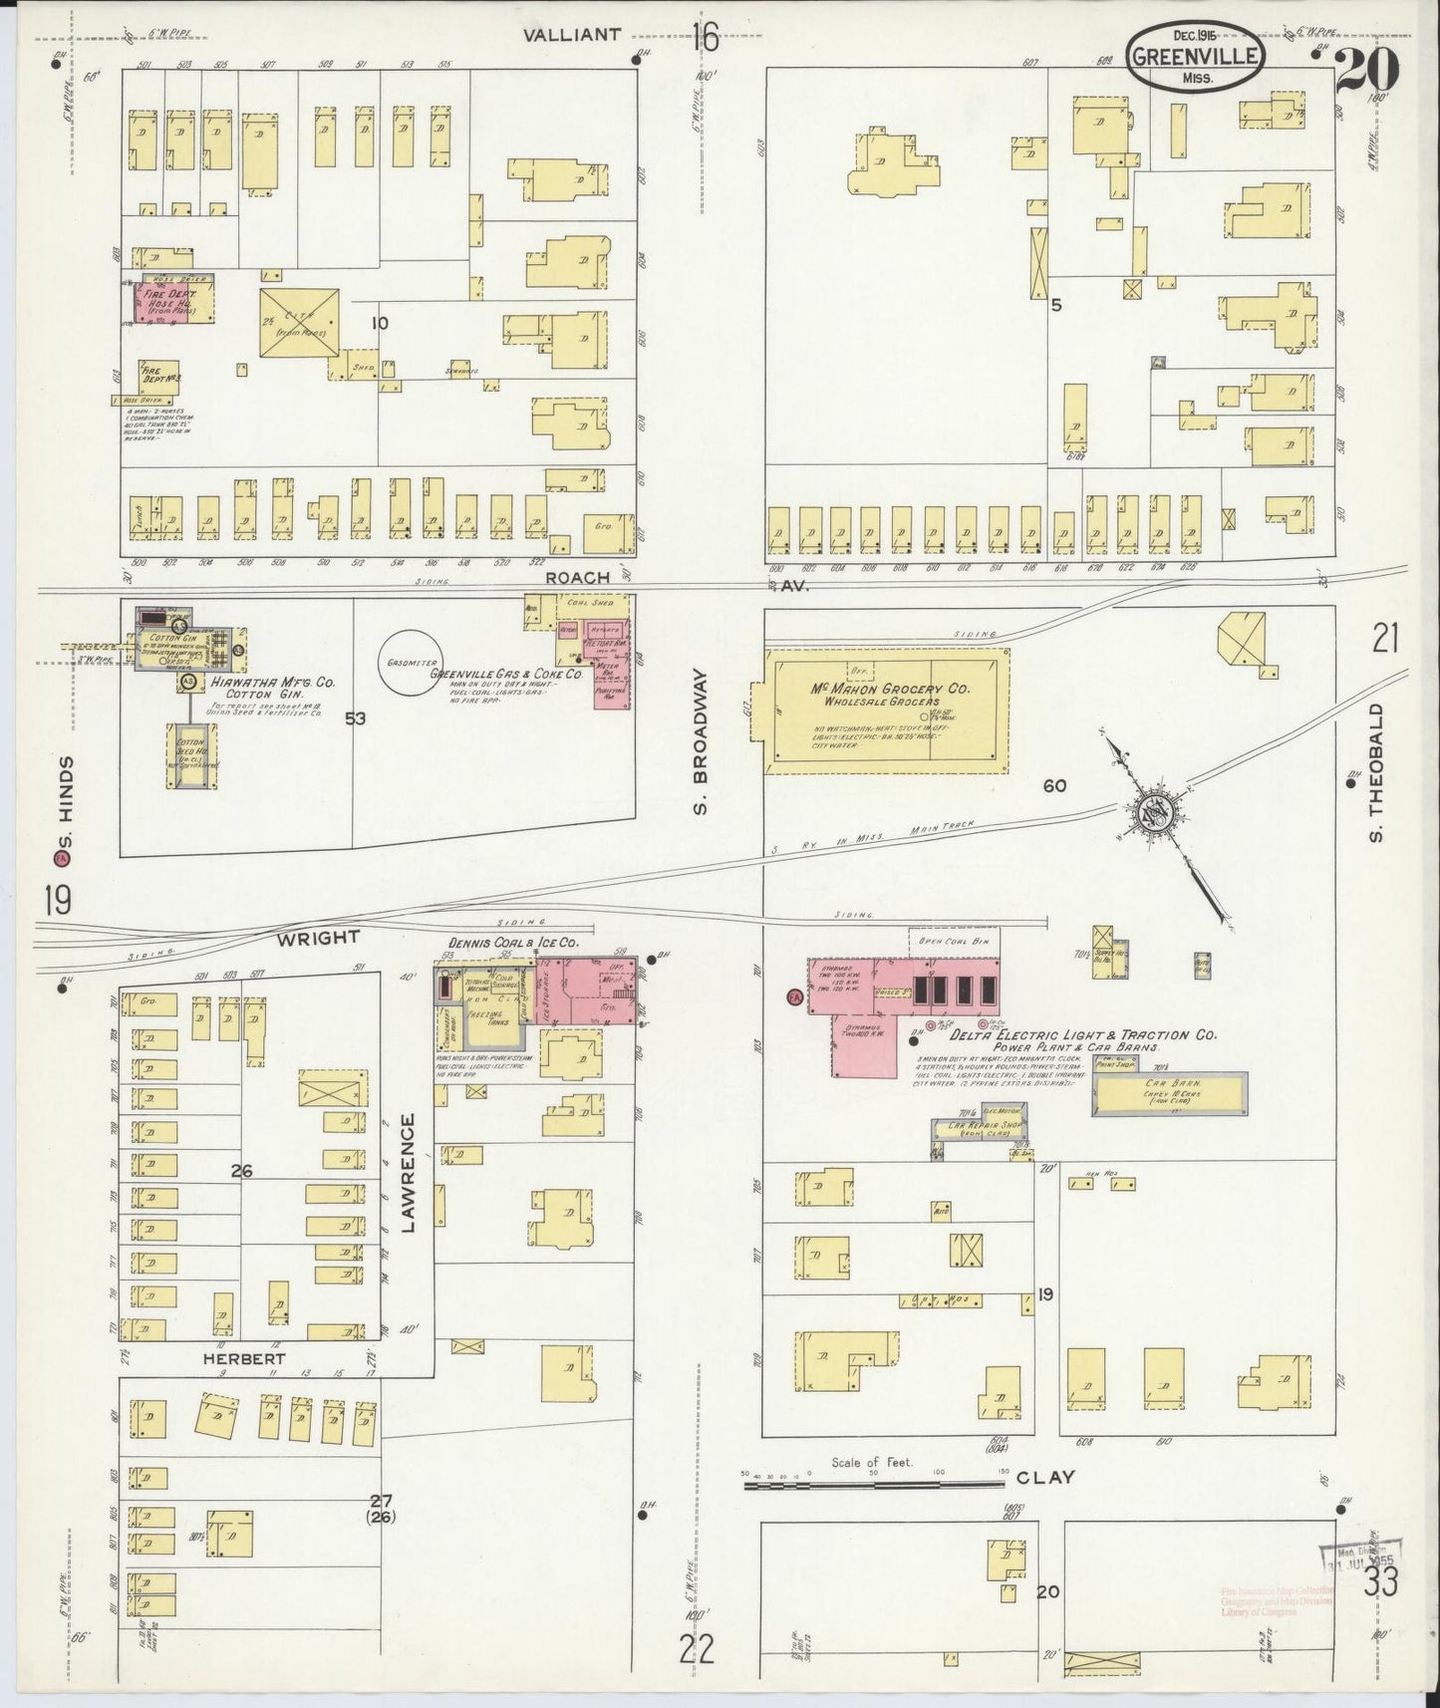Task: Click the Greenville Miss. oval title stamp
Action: click(x=1197, y=56)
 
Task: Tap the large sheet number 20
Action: click(x=1367, y=70)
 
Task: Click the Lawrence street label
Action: click(x=408, y=1174)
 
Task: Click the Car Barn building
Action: click(x=1170, y=1093)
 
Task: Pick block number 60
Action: click(x=1054, y=786)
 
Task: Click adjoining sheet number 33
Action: click(x=1380, y=1580)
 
